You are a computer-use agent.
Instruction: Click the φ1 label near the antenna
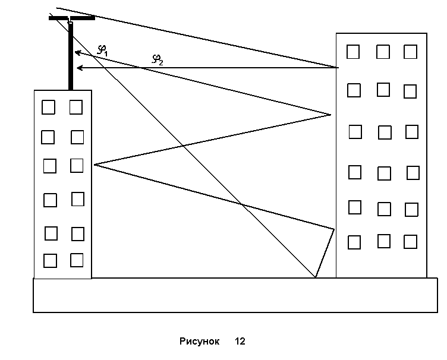(102, 51)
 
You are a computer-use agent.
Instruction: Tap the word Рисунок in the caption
(199, 342)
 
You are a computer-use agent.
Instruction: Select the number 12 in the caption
(240, 342)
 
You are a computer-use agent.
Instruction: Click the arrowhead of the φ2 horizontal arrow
(79, 69)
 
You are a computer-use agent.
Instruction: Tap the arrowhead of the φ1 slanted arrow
(77, 53)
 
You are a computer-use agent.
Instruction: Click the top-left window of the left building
(48, 107)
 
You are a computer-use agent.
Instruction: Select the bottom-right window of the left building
(77, 260)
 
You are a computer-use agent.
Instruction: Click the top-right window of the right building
(410, 52)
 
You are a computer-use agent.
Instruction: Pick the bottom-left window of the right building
(354, 242)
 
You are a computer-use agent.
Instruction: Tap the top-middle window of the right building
(383, 52)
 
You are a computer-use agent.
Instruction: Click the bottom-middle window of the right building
(384, 241)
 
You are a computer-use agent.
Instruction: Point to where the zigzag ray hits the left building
(94, 165)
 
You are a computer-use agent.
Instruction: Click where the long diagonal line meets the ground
(316, 277)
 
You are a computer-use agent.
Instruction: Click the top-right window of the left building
(75, 107)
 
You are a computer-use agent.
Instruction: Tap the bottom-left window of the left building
(50, 261)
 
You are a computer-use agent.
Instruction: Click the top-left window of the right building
(353, 52)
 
